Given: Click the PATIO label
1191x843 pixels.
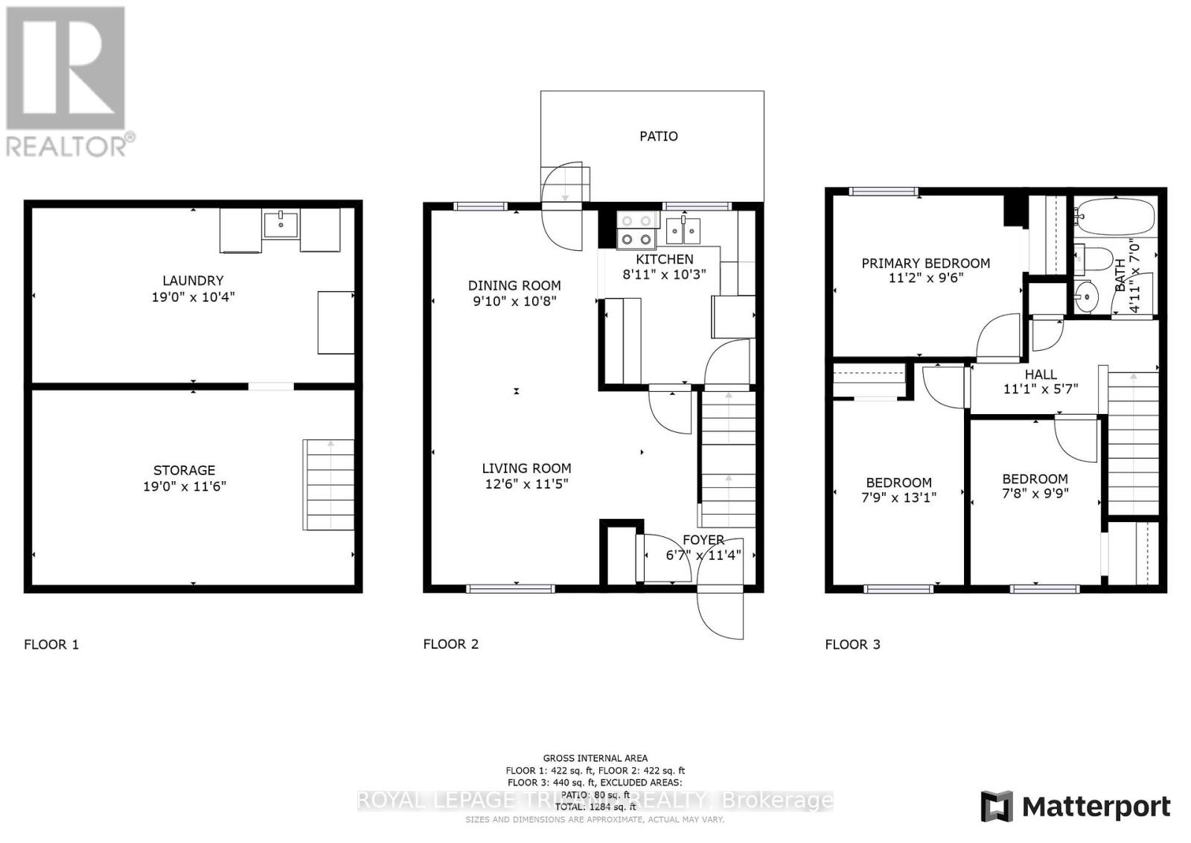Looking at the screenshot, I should click(x=659, y=136).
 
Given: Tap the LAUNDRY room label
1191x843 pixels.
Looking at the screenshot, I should click(x=193, y=281).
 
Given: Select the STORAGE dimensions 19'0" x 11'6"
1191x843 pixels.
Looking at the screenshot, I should click(x=185, y=486).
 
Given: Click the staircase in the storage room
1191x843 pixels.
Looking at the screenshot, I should click(x=328, y=484).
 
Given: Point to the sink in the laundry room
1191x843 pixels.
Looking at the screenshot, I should click(x=281, y=224).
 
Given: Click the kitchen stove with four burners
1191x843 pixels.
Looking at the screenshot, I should click(x=638, y=230).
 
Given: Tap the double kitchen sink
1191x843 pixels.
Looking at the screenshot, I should click(x=683, y=232).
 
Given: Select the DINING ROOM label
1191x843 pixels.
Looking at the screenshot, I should click(x=514, y=285).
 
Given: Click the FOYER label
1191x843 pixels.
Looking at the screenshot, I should click(x=703, y=540).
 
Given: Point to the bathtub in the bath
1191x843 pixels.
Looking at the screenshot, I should click(x=1114, y=217).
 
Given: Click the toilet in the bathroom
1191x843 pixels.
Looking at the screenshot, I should click(x=1091, y=258).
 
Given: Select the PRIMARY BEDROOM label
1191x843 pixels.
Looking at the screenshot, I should click(x=925, y=263).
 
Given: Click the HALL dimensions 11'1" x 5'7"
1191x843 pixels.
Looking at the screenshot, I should click(x=1041, y=389).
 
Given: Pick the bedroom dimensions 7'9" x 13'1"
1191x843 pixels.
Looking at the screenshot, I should click(x=898, y=497).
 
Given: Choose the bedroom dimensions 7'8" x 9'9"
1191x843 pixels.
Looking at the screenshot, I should click(x=1035, y=493).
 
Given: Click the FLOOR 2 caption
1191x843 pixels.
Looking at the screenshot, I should click(x=450, y=644).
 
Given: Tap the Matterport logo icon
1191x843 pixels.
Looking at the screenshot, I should click(x=997, y=807).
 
